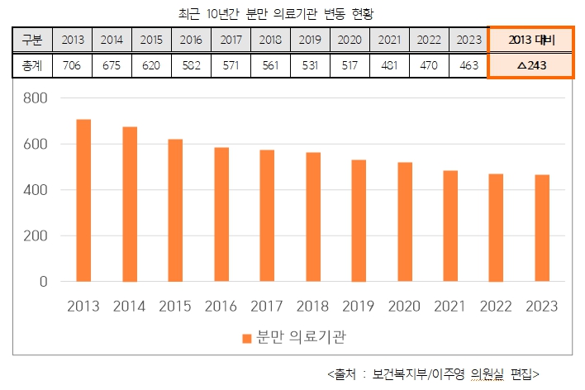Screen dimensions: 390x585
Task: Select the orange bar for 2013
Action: (x=83, y=201)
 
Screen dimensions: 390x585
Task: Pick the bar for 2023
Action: (x=542, y=228)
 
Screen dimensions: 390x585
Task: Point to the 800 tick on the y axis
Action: (x=36, y=98)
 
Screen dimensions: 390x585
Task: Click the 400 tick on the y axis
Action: (x=36, y=190)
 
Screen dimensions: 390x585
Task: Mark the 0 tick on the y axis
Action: (x=42, y=282)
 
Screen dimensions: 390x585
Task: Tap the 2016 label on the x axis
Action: (x=221, y=307)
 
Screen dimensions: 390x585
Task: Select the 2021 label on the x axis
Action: (x=450, y=307)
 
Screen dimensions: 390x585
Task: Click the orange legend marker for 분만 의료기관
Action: (x=246, y=338)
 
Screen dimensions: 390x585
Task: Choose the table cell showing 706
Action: (x=72, y=66)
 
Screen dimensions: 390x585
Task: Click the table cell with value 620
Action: (x=151, y=66)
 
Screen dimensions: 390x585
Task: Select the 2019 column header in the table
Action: (x=310, y=40)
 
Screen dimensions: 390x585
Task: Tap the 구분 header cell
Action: (x=31, y=40)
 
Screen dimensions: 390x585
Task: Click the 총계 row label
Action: (x=31, y=66)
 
